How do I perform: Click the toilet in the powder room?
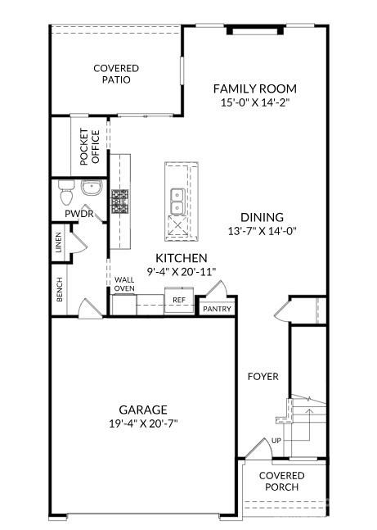pyautogui.click(x=65, y=192)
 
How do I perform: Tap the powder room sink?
pyautogui.click(x=92, y=188)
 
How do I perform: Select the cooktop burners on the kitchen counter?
pyautogui.click(x=120, y=202)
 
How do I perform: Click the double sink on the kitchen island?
pyautogui.click(x=177, y=202)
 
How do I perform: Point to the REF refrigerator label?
pyautogui.click(x=179, y=300)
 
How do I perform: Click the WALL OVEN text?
pyautogui.click(x=124, y=284)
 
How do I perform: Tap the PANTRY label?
pyautogui.click(x=217, y=309)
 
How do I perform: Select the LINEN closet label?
pyautogui.click(x=59, y=242)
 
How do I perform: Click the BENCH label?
pyautogui.click(x=60, y=289)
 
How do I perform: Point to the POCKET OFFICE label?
pyautogui.click(x=90, y=147)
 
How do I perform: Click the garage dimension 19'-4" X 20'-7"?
pyautogui.click(x=143, y=424)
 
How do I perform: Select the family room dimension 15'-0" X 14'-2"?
pyautogui.click(x=255, y=102)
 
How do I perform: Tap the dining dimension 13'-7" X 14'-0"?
pyautogui.click(x=262, y=231)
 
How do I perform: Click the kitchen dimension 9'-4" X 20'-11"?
pyautogui.click(x=182, y=272)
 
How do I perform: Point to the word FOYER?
pyautogui.click(x=263, y=377)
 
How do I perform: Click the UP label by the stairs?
pyautogui.click(x=276, y=441)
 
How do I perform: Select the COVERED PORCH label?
pyautogui.click(x=282, y=482)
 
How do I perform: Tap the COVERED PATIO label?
pyautogui.click(x=116, y=74)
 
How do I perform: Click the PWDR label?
pyautogui.click(x=79, y=214)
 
